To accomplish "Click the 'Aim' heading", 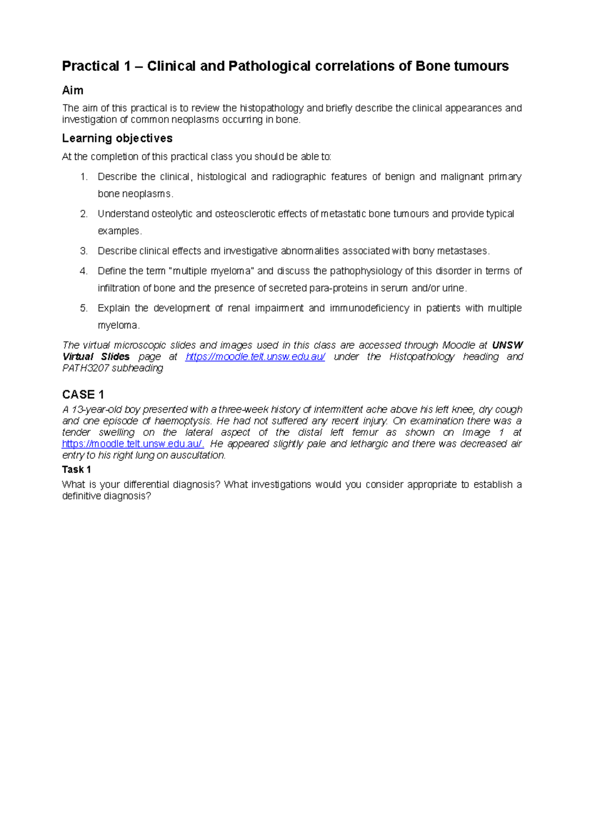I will (x=72, y=90).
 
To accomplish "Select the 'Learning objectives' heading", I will (x=117, y=139).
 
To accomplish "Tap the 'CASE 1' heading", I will (x=83, y=394).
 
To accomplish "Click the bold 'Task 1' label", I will (x=76, y=470).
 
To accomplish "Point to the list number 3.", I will (x=84, y=251).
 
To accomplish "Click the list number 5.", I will (x=84, y=308).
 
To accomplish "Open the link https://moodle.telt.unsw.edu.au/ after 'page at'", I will (x=255, y=357).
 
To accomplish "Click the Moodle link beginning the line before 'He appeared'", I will (x=133, y=444).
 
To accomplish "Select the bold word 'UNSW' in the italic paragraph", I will (x=507, y=345).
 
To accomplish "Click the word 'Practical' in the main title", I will (x=90, y=66).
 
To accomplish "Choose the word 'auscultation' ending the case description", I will (x=197, y=455).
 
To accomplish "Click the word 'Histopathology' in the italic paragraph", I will (x=422, y=357).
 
